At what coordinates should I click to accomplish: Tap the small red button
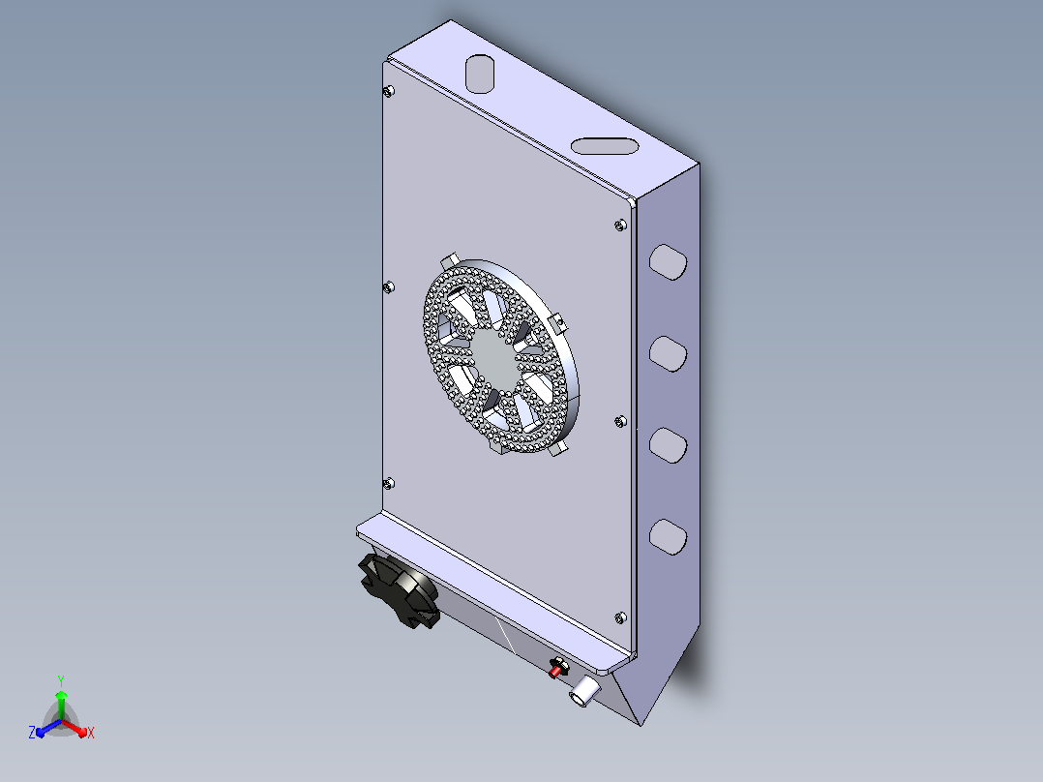(556, 668)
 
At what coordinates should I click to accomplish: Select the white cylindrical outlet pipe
(584, 691)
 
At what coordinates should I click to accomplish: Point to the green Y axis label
(61, 681)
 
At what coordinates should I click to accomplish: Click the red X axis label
(91, 733)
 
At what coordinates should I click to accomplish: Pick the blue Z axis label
(32, 733)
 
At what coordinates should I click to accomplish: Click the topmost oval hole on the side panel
(668, 262)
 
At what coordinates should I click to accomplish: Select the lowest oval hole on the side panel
(668, 537)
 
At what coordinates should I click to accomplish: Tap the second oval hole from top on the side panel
(668, 354)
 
